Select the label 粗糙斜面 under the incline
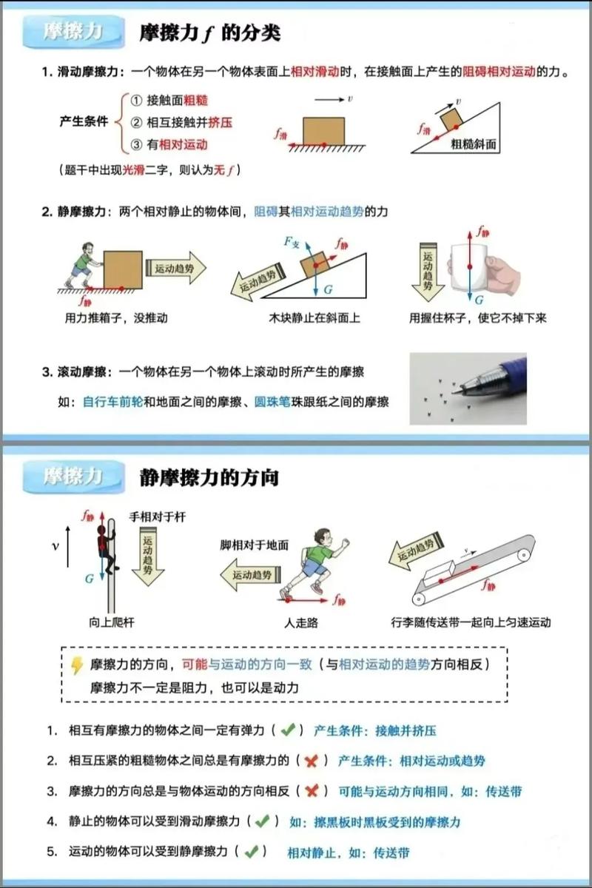pos(475,145)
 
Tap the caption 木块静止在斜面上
pos(314,318)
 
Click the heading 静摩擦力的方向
pos(209,477)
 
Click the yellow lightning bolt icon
pos(76,665)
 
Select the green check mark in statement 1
pos(289,730)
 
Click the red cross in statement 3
pos(312,791)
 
